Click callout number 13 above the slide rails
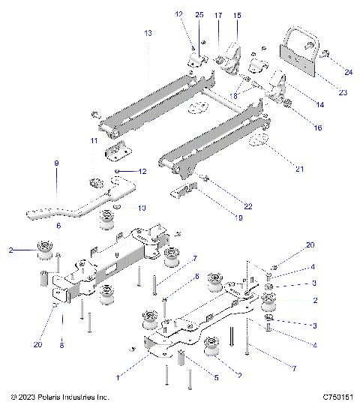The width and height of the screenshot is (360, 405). click(147, 34)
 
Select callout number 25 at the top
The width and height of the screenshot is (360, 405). click(199, 15)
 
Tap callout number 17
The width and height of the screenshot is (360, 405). click(218, 15)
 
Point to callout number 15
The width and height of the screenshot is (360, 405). click(237, 15)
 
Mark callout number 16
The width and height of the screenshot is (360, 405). click(318, 128)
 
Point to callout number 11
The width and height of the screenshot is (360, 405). click(94, 141)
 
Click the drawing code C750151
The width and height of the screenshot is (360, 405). click(338, 397)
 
